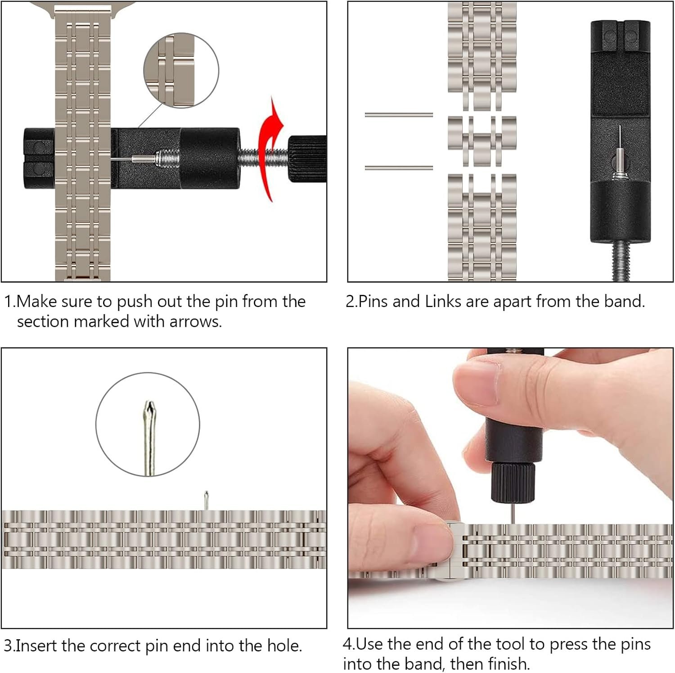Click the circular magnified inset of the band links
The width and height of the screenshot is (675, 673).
click(x=181, y=70)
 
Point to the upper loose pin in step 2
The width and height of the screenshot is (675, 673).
click(x=399, y=115)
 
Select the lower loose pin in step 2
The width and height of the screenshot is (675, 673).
click(x=399, y=168)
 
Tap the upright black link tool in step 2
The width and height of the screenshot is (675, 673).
click(x=620, y=131)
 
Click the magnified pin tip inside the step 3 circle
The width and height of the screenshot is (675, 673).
click(x=149, y=437)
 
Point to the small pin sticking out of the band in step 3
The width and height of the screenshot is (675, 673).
click(x=206, y=500)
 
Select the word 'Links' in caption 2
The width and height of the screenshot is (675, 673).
click(x=443, y=301)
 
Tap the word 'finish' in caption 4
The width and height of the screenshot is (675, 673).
click(x=508, y=664)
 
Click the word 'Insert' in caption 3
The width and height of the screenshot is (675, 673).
click(x=37, y=646)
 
